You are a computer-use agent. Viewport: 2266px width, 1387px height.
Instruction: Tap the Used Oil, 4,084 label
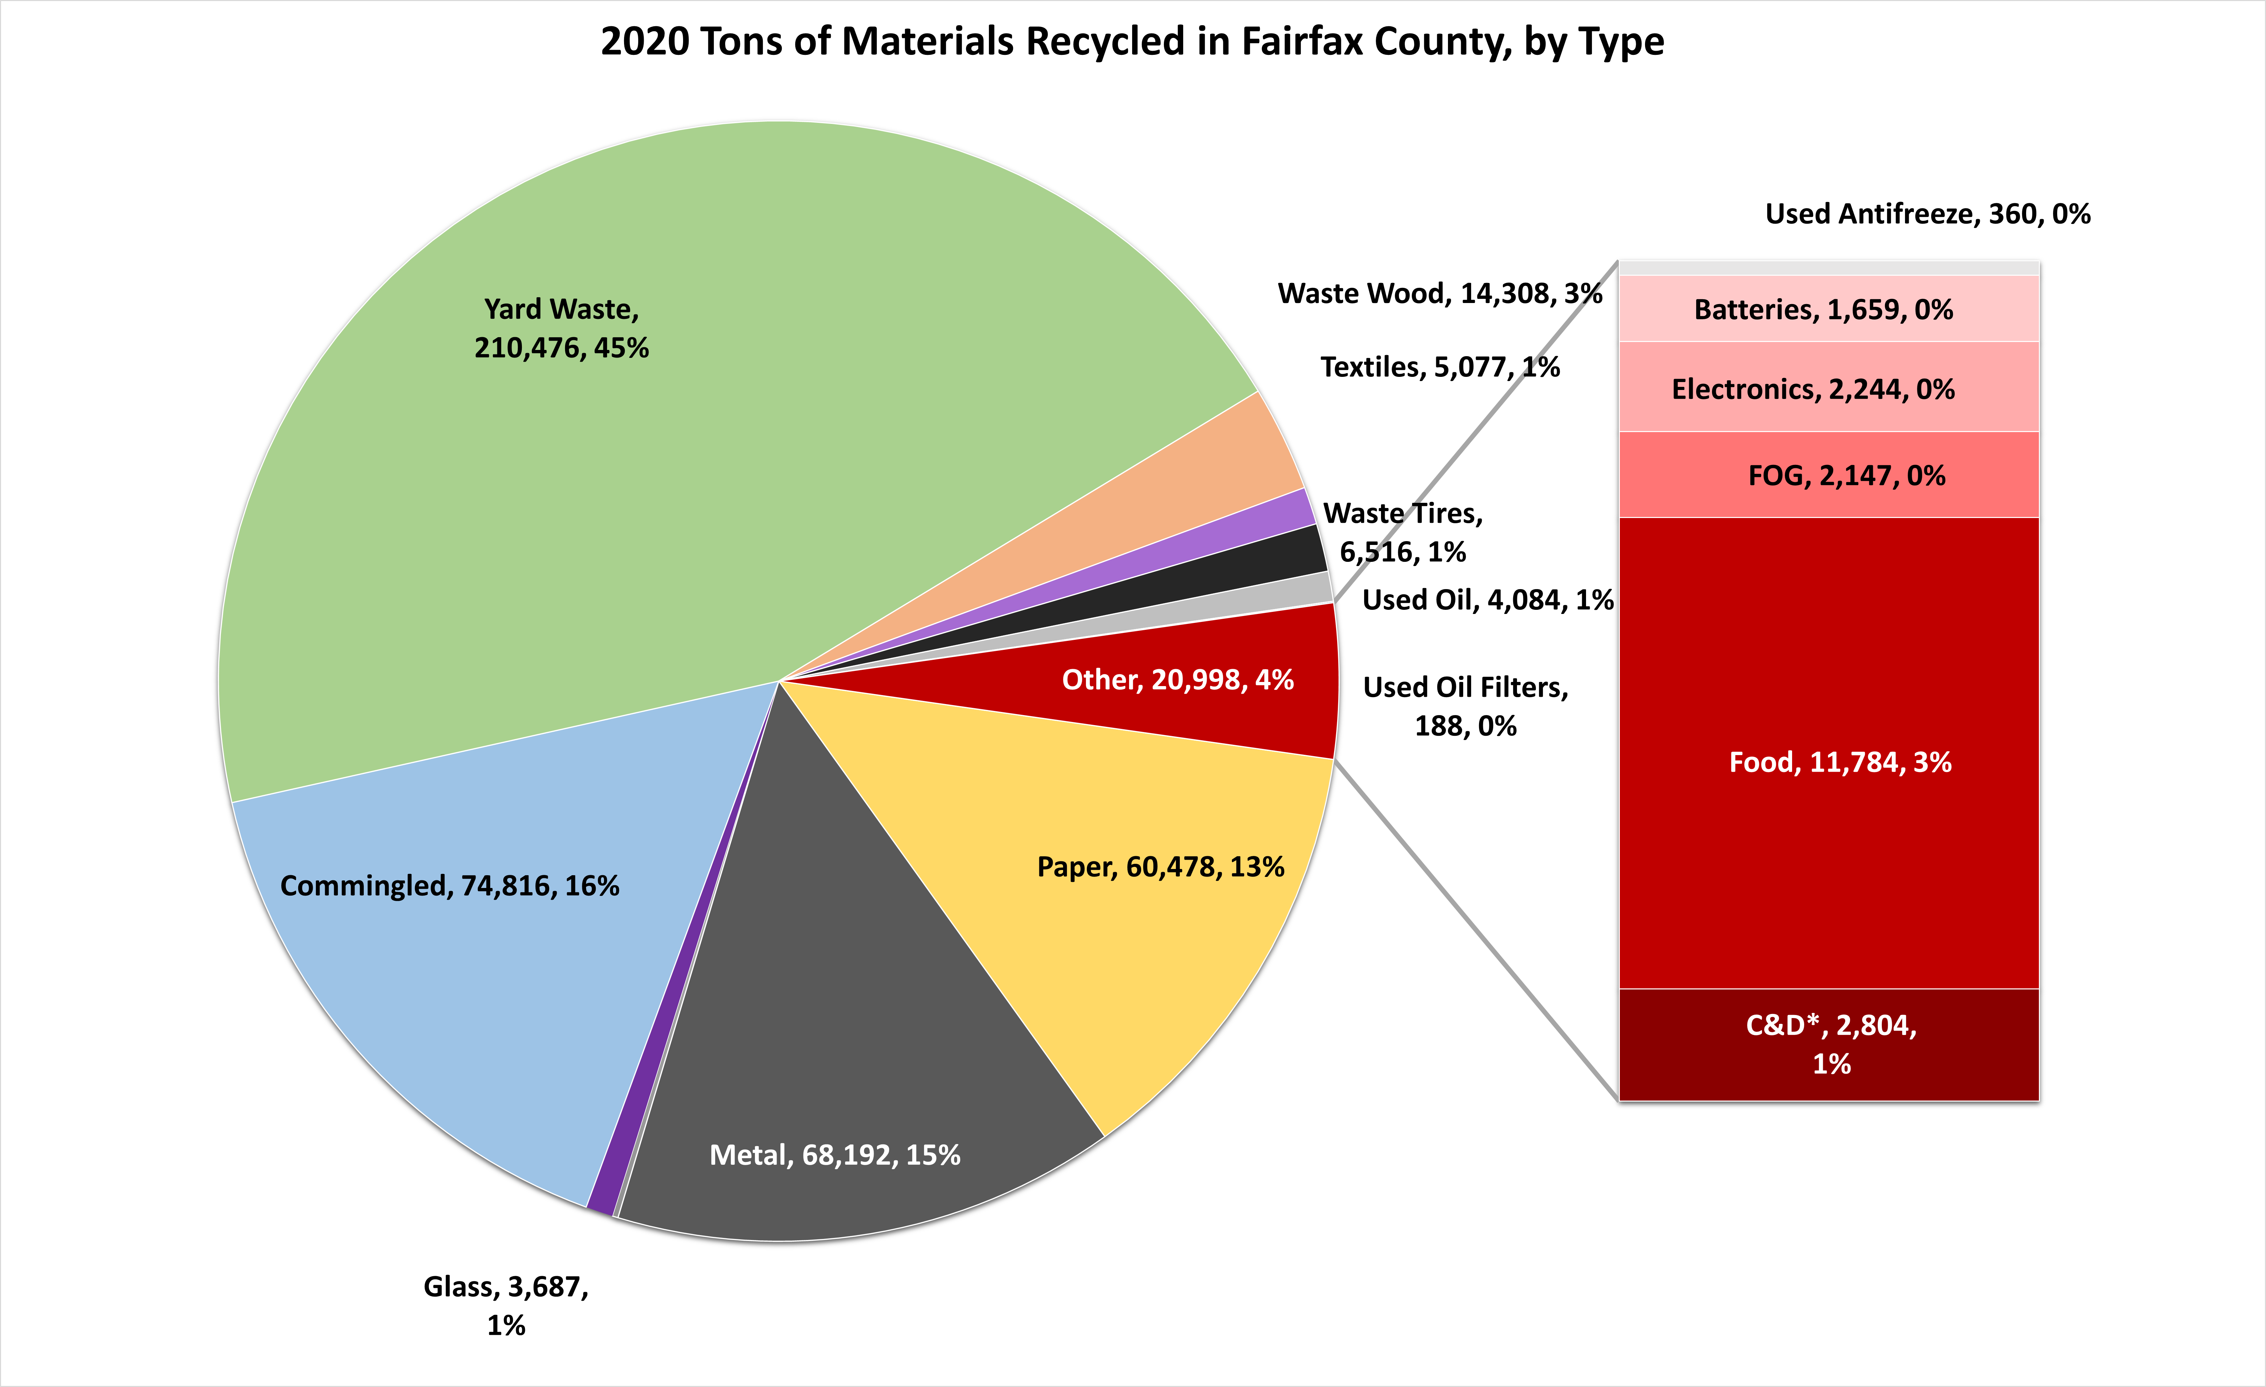pos(1487,600)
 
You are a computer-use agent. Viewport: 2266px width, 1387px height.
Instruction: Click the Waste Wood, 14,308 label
pos(1439,293)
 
